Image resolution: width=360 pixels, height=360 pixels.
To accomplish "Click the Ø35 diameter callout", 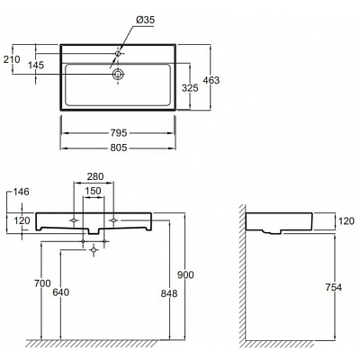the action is [145, 20].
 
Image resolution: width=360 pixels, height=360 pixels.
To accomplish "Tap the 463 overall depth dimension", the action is [211, 80].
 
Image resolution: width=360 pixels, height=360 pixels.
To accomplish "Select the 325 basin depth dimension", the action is [190, 88].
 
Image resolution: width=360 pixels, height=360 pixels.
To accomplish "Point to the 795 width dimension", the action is [119, 132].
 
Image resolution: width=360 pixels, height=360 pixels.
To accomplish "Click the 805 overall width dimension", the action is [119, 148].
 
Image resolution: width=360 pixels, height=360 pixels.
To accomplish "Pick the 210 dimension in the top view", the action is [12, 59].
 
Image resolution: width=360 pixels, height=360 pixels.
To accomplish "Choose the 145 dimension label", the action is [36, 65].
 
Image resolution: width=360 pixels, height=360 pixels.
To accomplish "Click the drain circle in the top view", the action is [118, 74].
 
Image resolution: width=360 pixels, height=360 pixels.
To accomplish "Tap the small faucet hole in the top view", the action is [118, 53].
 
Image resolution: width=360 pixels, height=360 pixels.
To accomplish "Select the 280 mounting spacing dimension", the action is [95, 176].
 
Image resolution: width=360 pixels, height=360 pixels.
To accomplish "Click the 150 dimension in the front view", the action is [93, 191].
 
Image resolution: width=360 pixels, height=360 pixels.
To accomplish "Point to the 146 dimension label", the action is [21, 192].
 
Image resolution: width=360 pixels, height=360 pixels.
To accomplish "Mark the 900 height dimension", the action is [185, 274].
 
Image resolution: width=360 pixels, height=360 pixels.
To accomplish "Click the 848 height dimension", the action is [169, 293].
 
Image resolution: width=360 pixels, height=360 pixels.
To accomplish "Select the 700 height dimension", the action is [42, 283].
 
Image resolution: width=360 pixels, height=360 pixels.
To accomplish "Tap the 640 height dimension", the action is [61, 292].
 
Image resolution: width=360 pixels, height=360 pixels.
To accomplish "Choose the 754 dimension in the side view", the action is [334, 287].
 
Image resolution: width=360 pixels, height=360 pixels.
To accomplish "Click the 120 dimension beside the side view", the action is [346, 221].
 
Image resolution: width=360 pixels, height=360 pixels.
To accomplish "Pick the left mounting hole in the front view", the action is [74, 220].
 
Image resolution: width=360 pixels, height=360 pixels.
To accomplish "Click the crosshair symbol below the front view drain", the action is [94, 249].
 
